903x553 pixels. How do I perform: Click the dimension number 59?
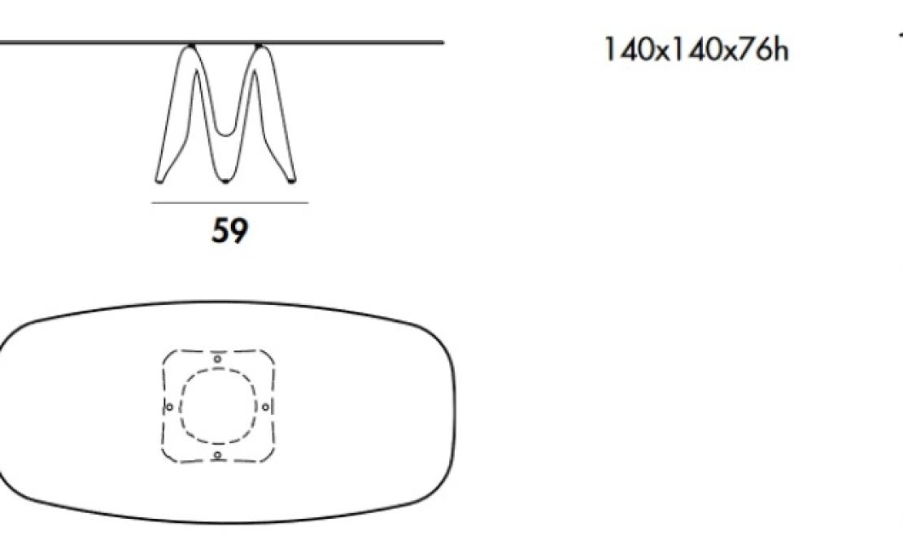coord(229,230)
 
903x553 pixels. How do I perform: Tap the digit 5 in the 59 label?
coord(220,230)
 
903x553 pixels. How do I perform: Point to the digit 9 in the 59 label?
coord(239,230)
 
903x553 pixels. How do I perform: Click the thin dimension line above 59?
coord(229,202)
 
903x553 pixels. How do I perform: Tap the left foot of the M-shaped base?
coord(159,181)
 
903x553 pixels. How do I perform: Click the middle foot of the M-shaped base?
coord(225,181)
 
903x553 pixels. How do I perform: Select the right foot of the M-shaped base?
coord(291,181)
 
